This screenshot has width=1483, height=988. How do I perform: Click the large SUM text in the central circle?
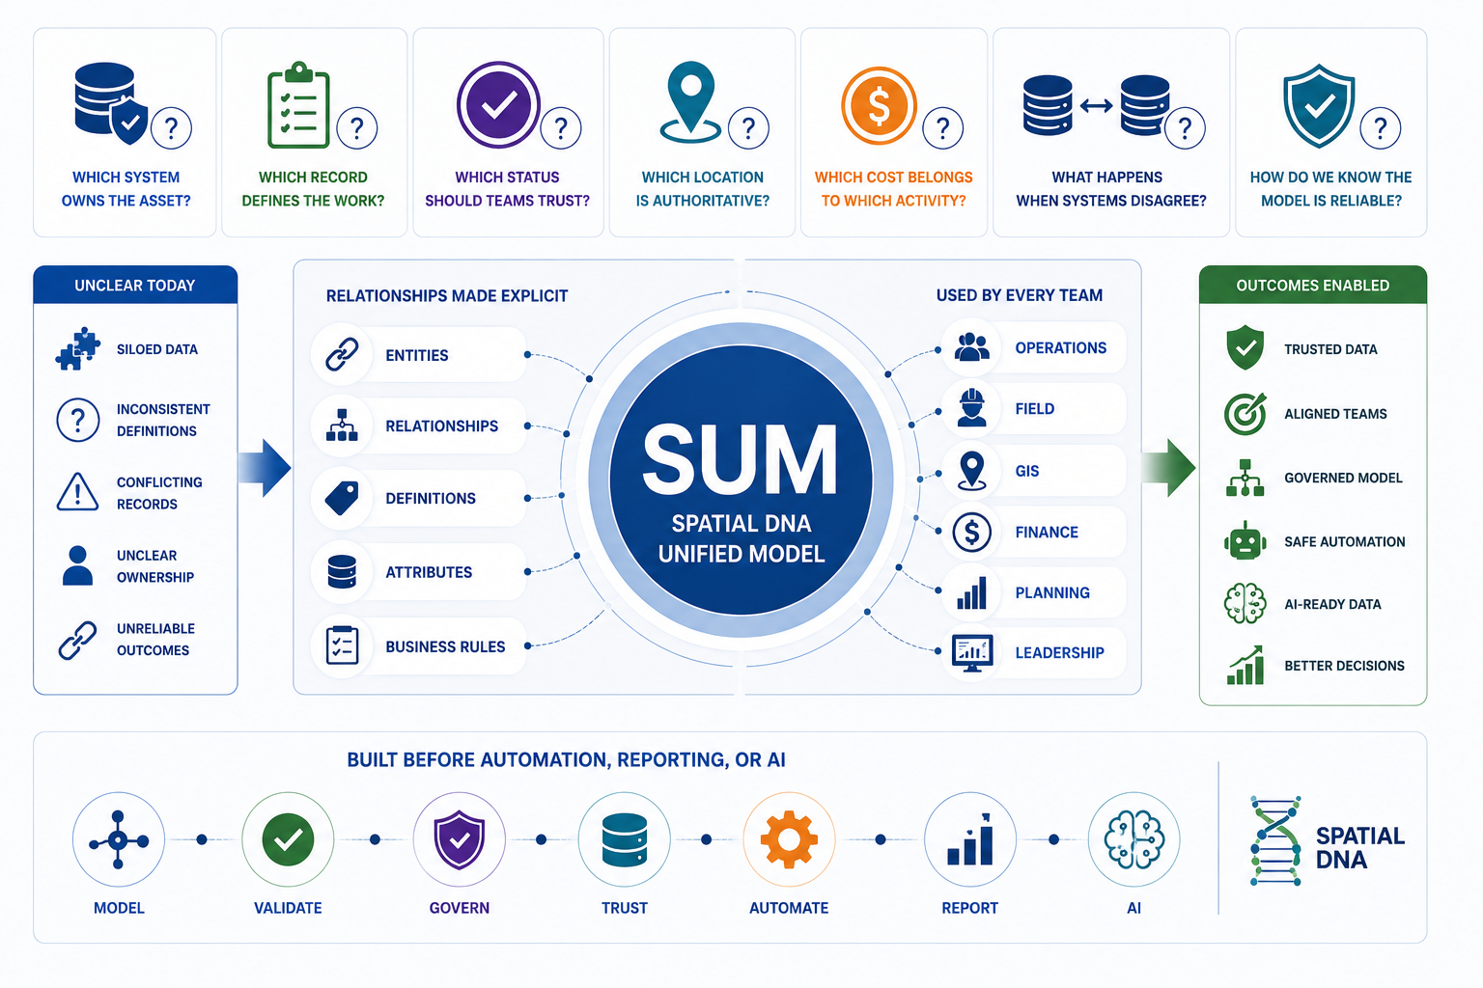741,459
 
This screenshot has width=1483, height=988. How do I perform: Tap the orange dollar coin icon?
879,106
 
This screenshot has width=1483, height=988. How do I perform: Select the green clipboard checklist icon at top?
298,105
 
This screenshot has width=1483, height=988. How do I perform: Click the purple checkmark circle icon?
498,104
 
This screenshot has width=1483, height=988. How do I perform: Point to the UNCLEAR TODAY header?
134,286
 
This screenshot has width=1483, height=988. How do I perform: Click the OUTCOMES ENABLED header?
1313,286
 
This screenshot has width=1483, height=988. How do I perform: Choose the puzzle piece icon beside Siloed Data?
78,348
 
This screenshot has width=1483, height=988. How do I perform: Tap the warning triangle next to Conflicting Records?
77,492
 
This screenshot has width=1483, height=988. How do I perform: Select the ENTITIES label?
417,355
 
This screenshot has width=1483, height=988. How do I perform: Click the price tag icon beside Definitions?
342,498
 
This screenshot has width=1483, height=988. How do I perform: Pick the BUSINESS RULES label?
445,646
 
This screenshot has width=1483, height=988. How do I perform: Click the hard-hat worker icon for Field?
971,407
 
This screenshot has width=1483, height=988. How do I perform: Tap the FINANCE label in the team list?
1047,532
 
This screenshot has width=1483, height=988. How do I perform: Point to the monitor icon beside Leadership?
972,653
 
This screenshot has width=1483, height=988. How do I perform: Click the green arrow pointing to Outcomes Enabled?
1168,467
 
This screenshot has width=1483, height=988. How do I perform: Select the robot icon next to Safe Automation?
1245,540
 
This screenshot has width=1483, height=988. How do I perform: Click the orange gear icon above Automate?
789,839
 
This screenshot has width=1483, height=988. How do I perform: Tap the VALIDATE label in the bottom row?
288,908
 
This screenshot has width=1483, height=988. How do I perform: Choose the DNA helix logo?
1275,840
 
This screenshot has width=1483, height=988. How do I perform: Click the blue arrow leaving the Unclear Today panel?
265,467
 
